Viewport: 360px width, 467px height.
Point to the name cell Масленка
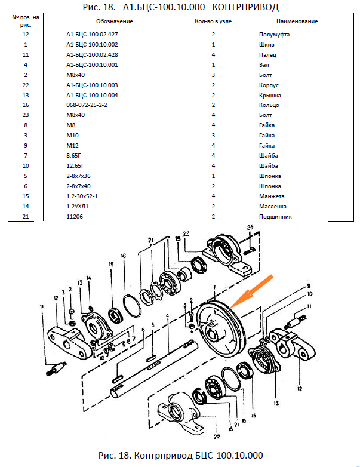click(x=272, y=207)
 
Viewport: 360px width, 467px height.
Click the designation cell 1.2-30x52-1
click(x=82, y=196)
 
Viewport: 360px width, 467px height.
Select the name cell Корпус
click(x=269, y=85)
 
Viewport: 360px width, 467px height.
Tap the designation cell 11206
click(x=74, y=217)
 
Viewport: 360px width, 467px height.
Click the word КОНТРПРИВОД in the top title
click(x=246, y=5)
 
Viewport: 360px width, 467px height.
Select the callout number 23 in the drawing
click(x=250, y=227)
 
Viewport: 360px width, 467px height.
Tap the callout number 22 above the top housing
click(x=186, y=233)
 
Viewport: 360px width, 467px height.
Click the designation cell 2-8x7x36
click(x=78, y=176)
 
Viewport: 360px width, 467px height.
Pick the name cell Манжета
click(x=272, y=196)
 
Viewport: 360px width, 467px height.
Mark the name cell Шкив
click(x=266, y=45)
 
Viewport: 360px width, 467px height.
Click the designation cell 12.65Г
click(x=75, y=166)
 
